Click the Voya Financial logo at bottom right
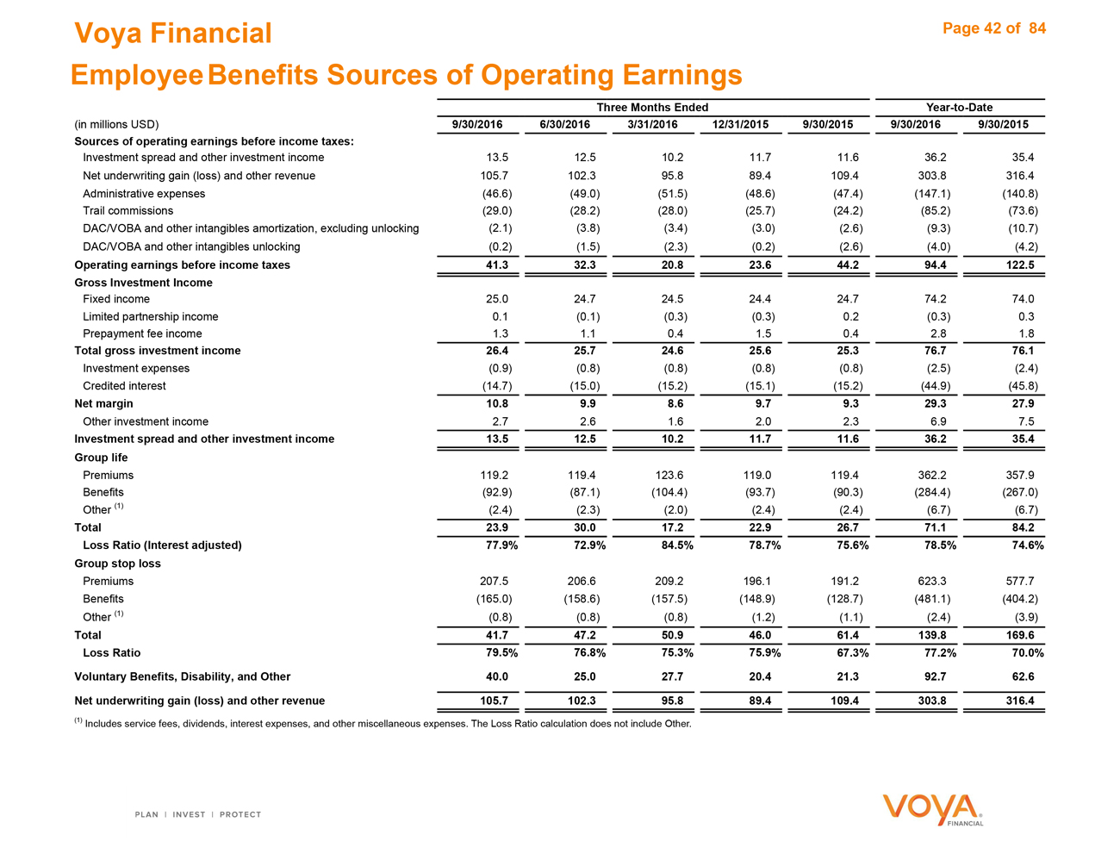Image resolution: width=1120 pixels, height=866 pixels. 933,809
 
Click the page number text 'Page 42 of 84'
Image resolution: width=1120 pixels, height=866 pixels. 994,28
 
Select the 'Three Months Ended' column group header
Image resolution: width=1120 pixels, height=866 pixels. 652,108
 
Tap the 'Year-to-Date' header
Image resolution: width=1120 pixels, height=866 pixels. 959,108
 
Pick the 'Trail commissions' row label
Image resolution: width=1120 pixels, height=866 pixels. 128,211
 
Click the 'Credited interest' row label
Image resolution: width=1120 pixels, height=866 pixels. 124,386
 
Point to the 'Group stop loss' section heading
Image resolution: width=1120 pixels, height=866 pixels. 117,564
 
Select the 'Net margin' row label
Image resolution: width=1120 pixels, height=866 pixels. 103,403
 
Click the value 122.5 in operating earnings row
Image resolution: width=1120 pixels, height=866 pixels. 1019,265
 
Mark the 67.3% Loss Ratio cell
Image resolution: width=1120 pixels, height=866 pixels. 847,653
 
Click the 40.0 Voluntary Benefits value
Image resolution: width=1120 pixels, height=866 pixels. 497,677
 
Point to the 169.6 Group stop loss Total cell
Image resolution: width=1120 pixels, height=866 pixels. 1019,635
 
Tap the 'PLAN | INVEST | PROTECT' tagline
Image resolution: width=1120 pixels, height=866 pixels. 198,814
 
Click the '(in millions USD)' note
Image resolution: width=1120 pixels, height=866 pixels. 116,125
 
